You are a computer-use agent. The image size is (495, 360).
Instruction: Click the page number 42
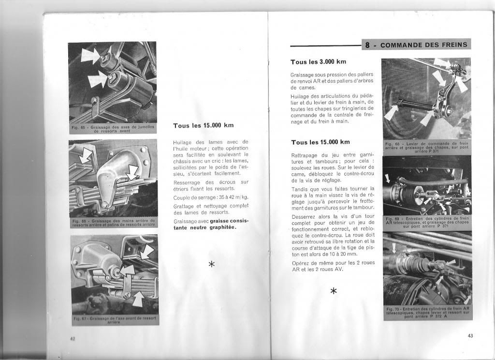72,339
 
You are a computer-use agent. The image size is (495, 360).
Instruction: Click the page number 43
470,336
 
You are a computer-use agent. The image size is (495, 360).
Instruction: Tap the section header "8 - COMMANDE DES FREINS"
416,45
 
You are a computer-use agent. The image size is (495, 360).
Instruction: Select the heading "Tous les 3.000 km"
319,62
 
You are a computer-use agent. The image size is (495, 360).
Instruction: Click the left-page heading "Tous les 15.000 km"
203,125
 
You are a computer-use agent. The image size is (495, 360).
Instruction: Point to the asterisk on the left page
211,264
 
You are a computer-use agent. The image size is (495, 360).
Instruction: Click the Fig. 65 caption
112,129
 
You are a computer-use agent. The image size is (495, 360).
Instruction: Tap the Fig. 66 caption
113,223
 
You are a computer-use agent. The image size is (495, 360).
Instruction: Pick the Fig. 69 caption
426,223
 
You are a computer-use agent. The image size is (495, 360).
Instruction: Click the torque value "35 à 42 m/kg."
223,198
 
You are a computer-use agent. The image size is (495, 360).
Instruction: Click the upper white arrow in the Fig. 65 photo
91,55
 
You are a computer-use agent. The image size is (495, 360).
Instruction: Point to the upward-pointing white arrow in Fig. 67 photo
138,300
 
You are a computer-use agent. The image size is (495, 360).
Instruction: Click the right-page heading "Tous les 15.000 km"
320,142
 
